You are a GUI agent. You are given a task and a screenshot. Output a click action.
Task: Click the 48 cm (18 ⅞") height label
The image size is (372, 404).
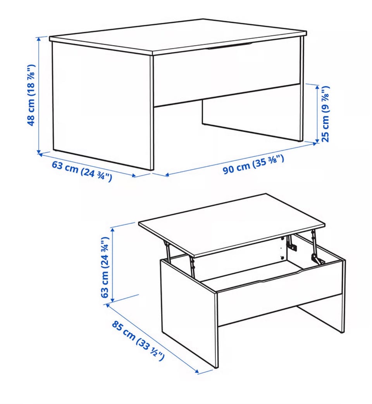[x=31, y=95]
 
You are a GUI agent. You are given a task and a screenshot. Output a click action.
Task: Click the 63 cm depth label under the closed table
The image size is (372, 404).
[x=82, y=170]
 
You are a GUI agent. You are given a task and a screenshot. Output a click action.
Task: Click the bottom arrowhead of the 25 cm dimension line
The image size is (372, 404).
[x=317, y=140]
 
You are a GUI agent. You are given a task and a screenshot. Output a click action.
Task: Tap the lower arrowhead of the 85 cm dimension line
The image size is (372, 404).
[x=197, y=371]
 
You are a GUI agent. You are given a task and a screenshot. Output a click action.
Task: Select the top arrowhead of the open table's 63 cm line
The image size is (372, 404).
[x=112, y=229]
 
